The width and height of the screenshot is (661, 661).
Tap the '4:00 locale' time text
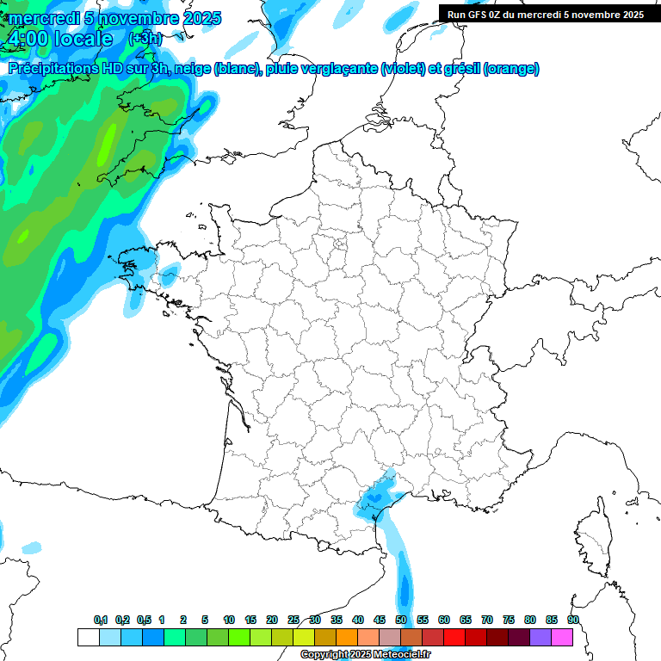click(x=59, y=40)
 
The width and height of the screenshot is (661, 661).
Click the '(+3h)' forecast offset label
click(x=143, y=39)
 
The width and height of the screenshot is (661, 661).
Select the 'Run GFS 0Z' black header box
click(x=545, y=14)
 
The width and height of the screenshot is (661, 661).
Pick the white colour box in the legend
click(x=88, y=637)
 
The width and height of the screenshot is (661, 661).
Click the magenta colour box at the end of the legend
click(x=562, y=637)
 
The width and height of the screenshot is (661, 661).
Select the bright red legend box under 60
click(x=454, y=637)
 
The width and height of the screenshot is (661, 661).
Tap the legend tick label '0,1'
click(x=101, y=621)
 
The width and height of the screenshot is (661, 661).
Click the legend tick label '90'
click(x=572, y=621)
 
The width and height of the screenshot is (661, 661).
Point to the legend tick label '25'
click(x=293, y=621)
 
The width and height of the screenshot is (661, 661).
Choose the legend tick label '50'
click(x=401, y=621)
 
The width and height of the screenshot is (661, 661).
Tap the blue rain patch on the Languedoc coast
click(x=376, y=498)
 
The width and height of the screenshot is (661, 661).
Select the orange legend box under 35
click(x=347, y=637)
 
